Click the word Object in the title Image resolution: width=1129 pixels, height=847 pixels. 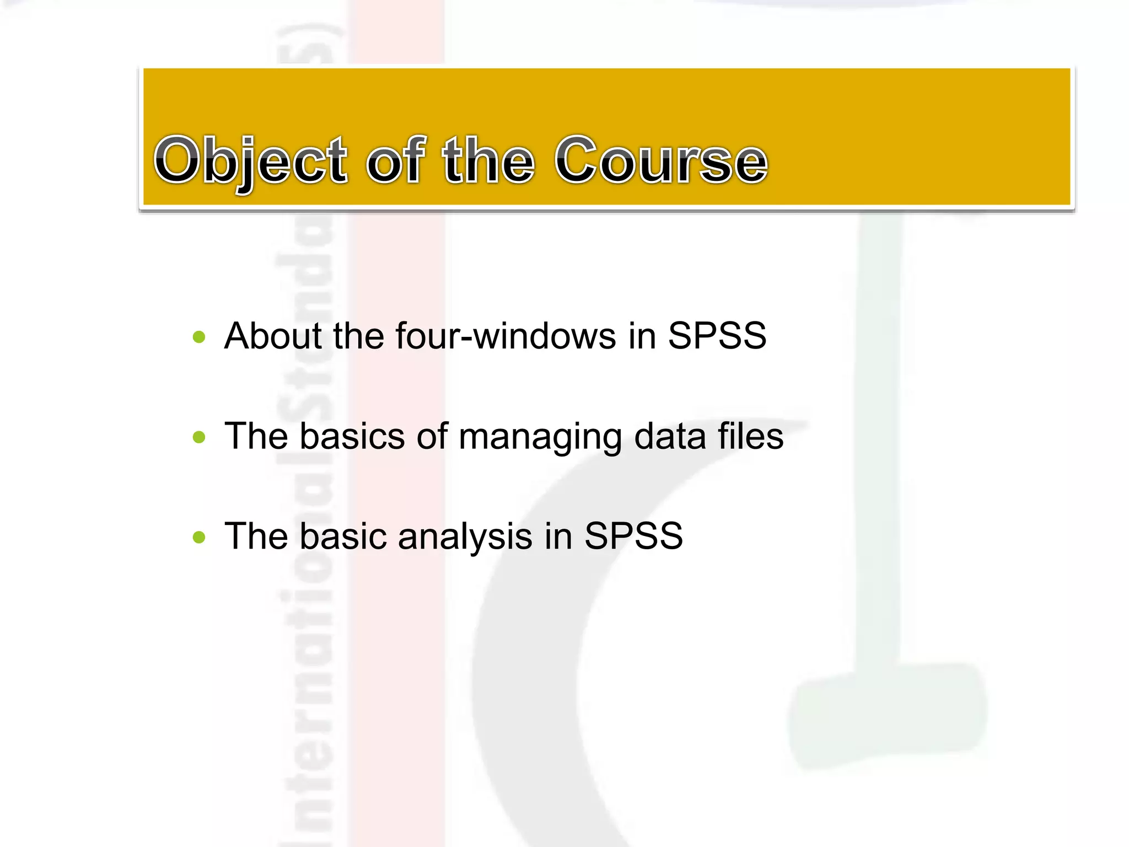(251, 161)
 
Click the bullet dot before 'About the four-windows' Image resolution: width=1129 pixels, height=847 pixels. (199, 337)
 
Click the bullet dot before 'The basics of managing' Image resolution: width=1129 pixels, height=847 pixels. (199, 437)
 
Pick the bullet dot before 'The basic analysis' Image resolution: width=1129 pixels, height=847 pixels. (199, 537)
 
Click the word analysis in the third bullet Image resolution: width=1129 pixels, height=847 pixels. (465, 536)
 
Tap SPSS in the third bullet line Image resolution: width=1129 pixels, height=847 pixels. (633, 536)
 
